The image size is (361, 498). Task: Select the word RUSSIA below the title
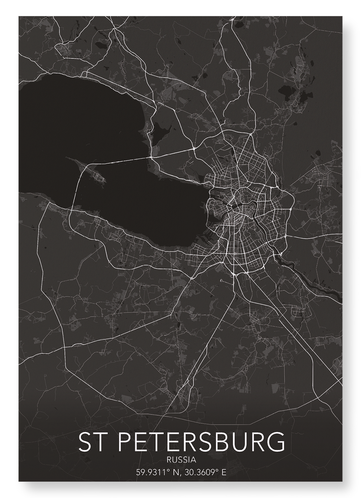pos(181,460)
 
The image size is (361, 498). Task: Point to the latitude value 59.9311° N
pos(157,472)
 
